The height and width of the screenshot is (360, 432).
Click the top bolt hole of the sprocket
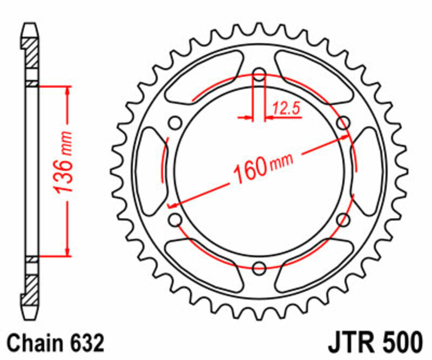[x=259, y=74]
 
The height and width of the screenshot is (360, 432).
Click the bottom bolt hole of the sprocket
[x=259, y=266]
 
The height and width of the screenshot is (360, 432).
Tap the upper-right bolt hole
[x=342, y=123]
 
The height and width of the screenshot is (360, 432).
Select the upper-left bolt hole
[x=175, y=123]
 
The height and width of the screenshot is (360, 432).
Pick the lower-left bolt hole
[x=175, y=219]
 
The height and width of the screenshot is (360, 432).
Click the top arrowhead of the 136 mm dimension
[x=67, y=90]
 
